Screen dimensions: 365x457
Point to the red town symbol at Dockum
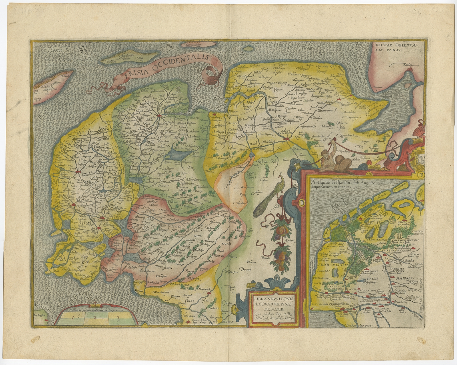pyautogui.click(x=159, y=116)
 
